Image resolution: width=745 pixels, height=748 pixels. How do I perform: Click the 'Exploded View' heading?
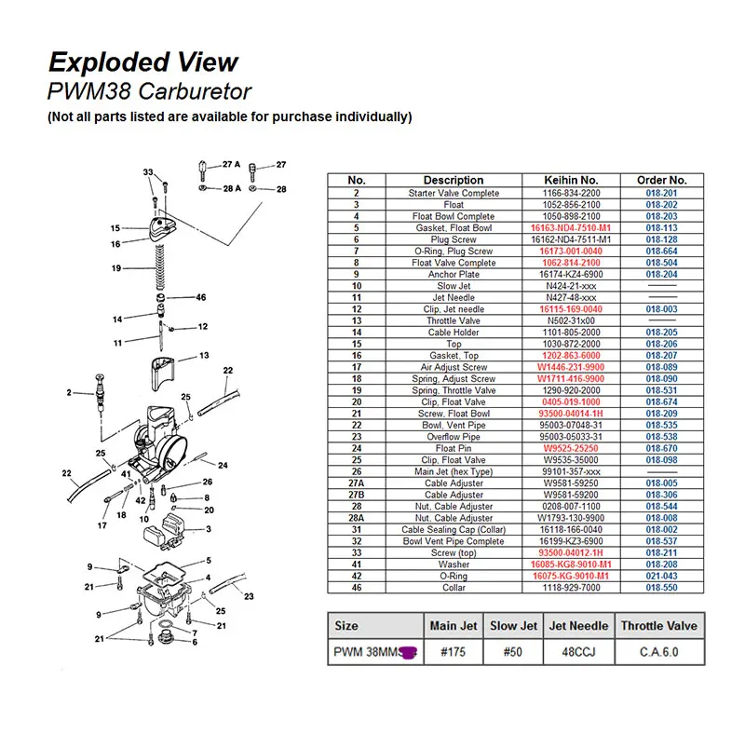click(x=143, y=62)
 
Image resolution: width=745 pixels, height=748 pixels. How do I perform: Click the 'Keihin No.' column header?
click(x=570, y=180)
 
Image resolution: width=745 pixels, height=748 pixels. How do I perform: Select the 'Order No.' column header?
click(x=661, y=180)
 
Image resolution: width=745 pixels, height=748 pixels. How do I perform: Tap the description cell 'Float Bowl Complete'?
click(x=454, y=216)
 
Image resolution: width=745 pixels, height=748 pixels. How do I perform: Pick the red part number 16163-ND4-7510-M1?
click(x=570, y=227)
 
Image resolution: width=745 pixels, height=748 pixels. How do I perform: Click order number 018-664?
click(x=661, y=251)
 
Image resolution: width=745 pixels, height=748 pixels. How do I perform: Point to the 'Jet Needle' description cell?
click(x=454, y=297)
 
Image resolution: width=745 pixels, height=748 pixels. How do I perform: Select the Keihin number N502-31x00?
click(x=570, y=320)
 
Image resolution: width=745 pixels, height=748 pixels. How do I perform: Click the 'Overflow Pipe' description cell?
click(x=454, y=437)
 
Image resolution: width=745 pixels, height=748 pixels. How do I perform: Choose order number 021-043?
click(x=661, y=576)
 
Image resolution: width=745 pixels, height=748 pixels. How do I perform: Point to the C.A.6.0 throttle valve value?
click(x=659, y=652)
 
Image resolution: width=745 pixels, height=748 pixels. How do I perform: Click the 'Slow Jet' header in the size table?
click(x=513, y=626)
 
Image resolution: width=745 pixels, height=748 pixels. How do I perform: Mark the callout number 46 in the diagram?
click(x=200, y=298)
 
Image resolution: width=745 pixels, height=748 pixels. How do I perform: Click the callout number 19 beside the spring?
click(x=116, y=268)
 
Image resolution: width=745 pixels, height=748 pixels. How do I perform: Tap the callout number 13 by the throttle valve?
click(x=203, y=356)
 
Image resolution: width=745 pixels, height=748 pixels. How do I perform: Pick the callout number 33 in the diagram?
click(x=148, y=173)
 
